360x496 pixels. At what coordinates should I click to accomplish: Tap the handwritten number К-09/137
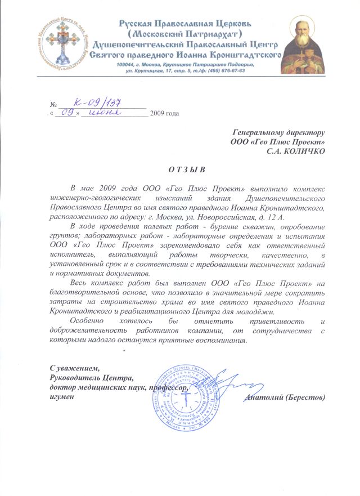click(x=98, y=103)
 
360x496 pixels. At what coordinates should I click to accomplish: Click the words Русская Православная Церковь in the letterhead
click(x=188, y=24)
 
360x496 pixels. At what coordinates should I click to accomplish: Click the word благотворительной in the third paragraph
click(x=86, y=293)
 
